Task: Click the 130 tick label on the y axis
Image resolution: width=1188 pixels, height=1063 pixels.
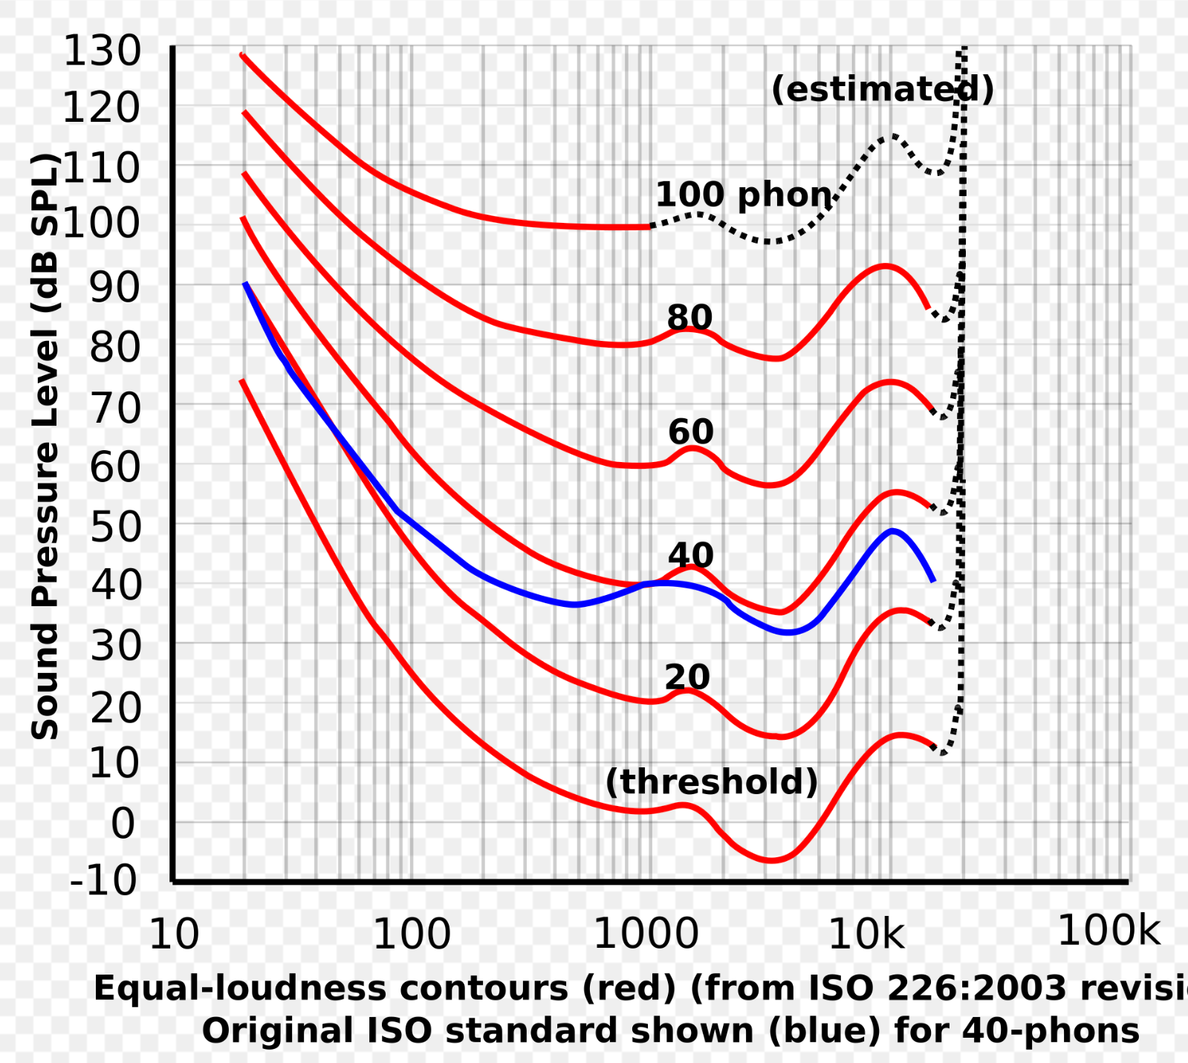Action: (102, 52)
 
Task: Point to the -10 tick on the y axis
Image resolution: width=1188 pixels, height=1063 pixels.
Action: (104, 881)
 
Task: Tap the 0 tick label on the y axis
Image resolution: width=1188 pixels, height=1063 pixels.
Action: (123, 824)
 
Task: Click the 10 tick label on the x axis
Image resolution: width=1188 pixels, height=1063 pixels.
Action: (175, 934)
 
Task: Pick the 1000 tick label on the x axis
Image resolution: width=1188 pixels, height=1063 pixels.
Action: (646, 934)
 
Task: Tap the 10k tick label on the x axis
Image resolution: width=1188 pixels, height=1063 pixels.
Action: (866, 934)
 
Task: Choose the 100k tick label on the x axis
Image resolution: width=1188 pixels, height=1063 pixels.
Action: (1109, 930)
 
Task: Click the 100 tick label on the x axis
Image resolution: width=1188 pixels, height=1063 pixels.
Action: (412, 934)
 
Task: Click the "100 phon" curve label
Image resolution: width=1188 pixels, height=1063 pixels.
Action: (744, 195)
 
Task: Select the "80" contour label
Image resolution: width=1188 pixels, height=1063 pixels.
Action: (689, 317)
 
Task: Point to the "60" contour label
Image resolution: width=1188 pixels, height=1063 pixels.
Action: (690, 432)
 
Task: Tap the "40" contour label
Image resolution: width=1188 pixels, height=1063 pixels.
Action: (690, 555)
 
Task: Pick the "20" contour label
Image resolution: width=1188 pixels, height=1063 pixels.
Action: (687, 677)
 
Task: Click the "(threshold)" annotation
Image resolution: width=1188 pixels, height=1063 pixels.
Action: (712, 782)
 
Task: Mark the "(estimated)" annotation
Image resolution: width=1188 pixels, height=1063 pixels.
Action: (883, 90)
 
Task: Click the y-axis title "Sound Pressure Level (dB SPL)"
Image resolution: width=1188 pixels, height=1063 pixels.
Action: (45, 446)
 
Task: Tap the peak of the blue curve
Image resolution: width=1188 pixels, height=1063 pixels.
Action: (892, 530)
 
